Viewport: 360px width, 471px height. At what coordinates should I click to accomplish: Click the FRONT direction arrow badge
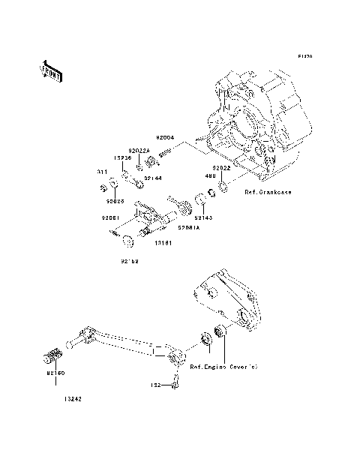coord(50,70)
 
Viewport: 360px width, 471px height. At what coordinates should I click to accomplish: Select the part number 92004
coord(144,137)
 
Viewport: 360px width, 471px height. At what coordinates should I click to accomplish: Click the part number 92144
coord(153,178)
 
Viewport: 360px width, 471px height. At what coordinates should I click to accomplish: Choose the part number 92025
coord(115,201)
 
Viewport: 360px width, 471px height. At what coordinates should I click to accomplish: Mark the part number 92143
coord(202,217)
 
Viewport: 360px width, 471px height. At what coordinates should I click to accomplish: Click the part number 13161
coord(164,244)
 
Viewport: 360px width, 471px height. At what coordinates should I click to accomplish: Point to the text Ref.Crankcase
coord(268,193)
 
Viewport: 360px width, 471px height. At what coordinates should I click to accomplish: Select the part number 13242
coord(73,399)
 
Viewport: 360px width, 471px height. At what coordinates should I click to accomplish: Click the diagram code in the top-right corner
coord(304,56)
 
